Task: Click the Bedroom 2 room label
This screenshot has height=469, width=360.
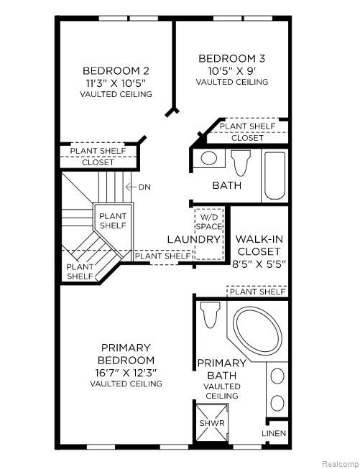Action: (x=116, y=71)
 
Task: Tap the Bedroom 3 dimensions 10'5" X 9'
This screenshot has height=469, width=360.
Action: (x=232, y=71)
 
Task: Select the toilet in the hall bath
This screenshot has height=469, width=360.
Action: (x=241, y=163)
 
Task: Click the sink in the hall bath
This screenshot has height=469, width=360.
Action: (x=209, y=157)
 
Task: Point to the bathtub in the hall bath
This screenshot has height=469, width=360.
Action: (x=274, y=175)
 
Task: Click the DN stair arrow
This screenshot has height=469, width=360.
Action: (x=131, y=187)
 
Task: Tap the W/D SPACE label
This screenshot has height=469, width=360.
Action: (x=209, y=221)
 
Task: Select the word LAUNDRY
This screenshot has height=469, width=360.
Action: (x=193, y=239)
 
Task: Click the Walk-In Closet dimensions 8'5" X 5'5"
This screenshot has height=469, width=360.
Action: (x=259, y=264)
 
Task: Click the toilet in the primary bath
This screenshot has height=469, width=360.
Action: (x=210, y=315)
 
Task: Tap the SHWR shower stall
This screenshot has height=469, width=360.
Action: (x=212, y=422)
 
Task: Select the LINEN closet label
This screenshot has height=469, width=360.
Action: (x=274, y=433)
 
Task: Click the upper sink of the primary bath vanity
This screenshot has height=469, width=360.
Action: (x=277, y=376)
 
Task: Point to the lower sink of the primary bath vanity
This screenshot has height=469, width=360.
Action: (x=277, y=403)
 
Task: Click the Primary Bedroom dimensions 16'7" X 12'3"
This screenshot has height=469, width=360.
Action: (x=126, y=373)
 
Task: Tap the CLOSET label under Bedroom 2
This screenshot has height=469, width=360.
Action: (x=98, y=162)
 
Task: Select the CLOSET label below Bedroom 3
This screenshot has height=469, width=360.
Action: (x=247, y=138)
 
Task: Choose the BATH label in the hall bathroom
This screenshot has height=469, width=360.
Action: (x=227, y=185)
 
